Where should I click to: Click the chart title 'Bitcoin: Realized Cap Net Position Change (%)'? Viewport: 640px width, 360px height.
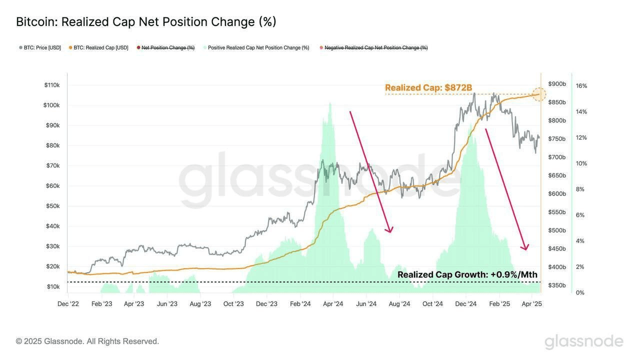146,22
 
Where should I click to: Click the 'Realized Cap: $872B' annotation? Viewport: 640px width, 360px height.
428,88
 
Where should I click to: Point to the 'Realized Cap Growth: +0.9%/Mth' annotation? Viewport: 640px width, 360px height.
467,274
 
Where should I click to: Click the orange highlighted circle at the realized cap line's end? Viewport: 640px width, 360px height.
538,94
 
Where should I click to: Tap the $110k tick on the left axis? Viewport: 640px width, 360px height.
52,85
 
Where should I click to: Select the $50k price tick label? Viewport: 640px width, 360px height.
53,206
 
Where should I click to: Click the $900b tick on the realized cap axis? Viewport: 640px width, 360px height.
557,84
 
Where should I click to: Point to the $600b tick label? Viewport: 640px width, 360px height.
557,194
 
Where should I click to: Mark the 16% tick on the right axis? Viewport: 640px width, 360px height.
581,86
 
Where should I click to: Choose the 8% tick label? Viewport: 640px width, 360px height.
580,189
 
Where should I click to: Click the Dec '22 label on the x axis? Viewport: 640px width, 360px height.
68,304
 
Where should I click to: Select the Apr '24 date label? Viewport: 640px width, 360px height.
333,304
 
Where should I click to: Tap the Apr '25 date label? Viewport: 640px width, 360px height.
531,304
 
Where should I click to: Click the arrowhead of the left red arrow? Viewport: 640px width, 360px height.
389,230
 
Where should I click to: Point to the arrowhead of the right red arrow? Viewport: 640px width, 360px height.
525,247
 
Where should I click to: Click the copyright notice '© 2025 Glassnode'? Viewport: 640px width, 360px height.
87,341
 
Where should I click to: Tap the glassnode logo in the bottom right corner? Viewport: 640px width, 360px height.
583,342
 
